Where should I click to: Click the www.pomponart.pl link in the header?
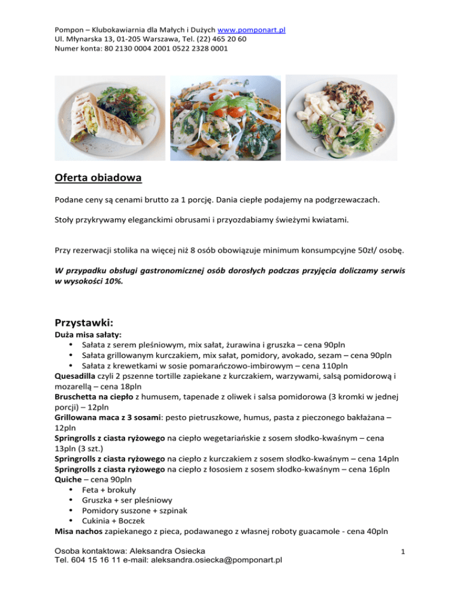point(250,29)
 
